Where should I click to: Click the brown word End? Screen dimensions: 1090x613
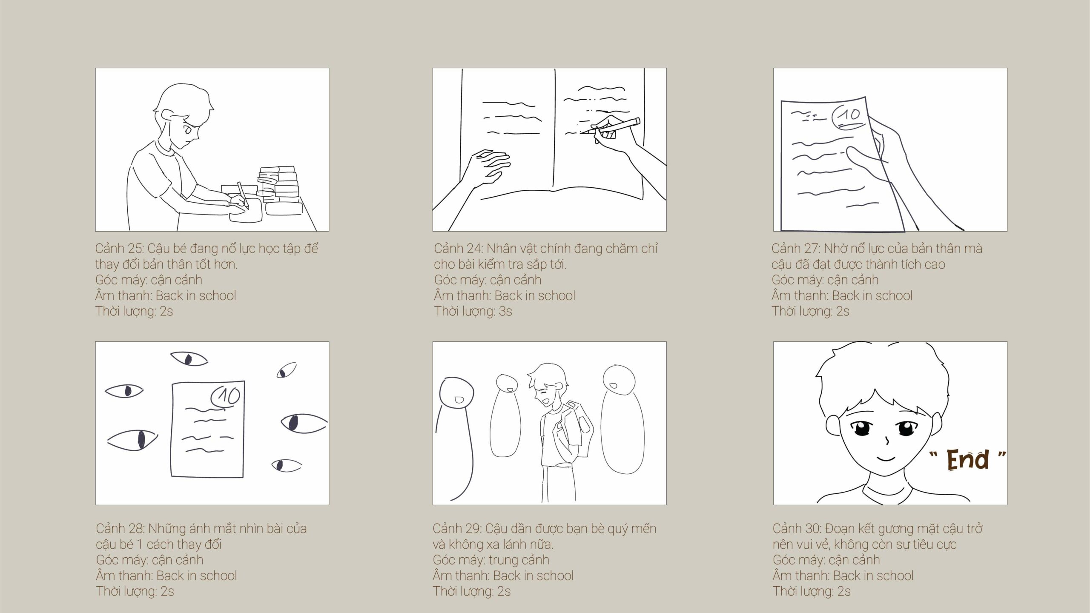coord(967,460)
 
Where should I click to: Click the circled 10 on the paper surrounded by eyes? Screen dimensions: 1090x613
coord(226,397)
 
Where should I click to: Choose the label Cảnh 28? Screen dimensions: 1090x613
coord(120,529)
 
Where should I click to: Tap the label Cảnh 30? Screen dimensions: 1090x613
coord(797,529)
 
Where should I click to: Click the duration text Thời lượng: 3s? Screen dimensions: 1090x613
coord(473,312)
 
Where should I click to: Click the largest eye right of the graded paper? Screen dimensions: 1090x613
coord(304,423)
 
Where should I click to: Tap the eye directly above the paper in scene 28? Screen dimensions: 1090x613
coord(189,359)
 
